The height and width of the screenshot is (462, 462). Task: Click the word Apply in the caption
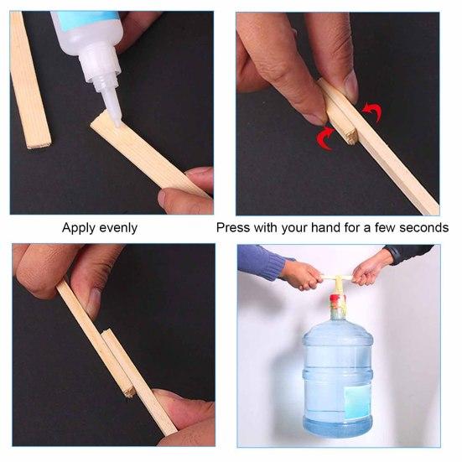tap(78, 228)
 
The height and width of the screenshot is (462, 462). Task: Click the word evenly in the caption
tap(118, 228)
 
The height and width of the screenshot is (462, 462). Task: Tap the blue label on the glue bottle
tap(85, 18)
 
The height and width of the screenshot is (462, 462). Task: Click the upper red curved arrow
tap(373, 112)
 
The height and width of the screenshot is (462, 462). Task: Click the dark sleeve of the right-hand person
tap(412, 254)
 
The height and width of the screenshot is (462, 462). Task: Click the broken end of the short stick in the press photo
tap(351, 138)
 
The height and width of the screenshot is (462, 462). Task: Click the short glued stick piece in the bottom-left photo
tap(118, 365)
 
